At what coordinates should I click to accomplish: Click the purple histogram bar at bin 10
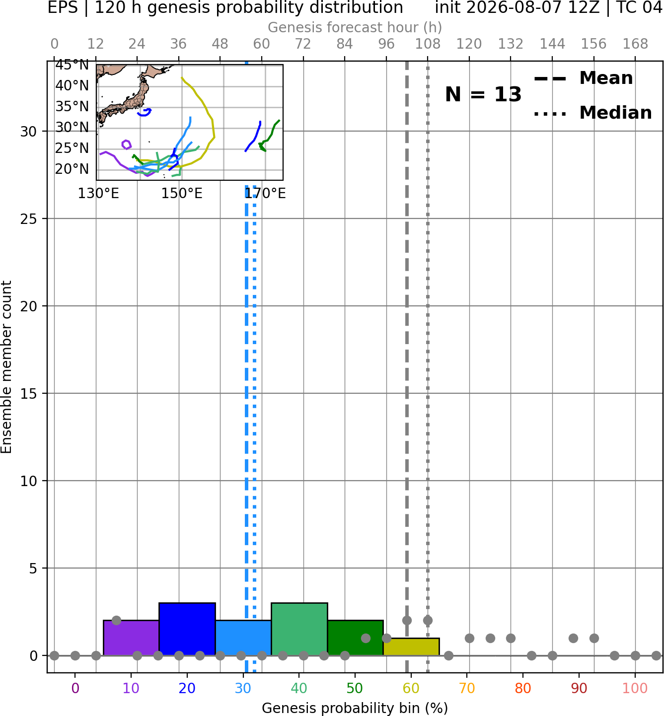[131, 638]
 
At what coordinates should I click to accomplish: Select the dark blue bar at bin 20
[187, 629]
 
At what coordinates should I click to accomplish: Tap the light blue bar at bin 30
[243, 638]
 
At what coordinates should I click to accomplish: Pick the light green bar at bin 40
[299, 629]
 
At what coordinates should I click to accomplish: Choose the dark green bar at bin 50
[355, 638]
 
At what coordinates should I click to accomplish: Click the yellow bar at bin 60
[411, 647]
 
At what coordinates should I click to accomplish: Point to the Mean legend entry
[583, 78]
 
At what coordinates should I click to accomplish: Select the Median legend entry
[592, 113]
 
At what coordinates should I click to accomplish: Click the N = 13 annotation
[483, 94]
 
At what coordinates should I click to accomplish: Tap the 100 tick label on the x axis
[635, 688]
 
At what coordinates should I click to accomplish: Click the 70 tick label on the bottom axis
[467, 688]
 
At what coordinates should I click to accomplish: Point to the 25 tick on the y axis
[29, 219]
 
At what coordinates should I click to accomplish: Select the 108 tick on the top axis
[428, 44]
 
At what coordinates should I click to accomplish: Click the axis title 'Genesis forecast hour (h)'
[355, 27]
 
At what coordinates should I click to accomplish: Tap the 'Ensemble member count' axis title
[6, 367]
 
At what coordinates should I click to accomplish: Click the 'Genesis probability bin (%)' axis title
[355, 708]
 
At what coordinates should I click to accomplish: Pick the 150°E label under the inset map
[181, 194]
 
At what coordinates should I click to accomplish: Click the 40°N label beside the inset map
[72, 86]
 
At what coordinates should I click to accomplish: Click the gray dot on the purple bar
[117, 621]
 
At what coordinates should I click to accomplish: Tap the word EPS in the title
[63, 7]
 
